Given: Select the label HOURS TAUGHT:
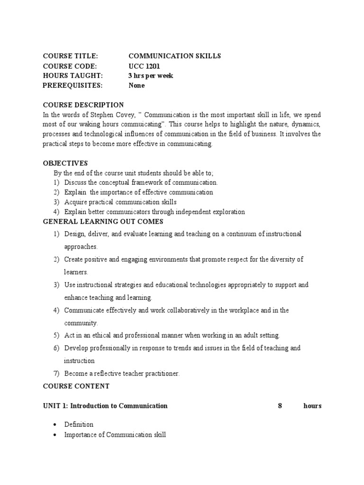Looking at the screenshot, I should click(x=72, y=76).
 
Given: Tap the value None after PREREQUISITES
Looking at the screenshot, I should click(x=136, y=86).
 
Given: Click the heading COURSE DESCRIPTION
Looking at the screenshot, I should click(x=83, y=105).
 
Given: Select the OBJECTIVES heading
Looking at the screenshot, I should click(x=65, y=163).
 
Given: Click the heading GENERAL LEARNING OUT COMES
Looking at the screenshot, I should click(x=103, y=222).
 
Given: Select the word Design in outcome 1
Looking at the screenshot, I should click(x=74, y=234).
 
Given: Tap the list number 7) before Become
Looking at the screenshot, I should click(x=56, y=374).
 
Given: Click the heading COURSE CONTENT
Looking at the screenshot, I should click(x=76, y=386).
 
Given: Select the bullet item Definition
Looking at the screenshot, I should click(x=79, y=424).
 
